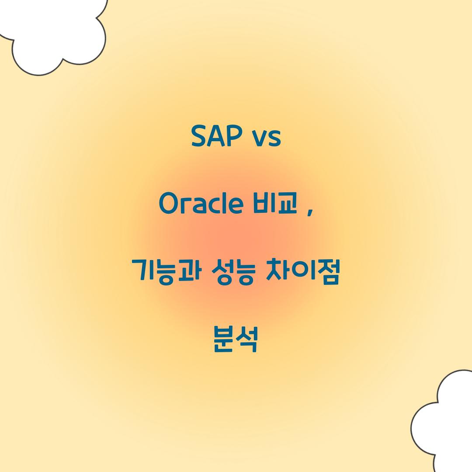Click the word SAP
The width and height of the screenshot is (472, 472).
tap(217, 136)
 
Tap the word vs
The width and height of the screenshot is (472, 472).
tap(266, 137)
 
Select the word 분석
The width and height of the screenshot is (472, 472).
tap(236, 340)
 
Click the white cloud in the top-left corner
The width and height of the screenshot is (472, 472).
tap(57, 35)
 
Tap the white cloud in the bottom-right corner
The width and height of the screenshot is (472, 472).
tap(446, 420)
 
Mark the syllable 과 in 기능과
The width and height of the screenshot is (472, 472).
tap(188, 272)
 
